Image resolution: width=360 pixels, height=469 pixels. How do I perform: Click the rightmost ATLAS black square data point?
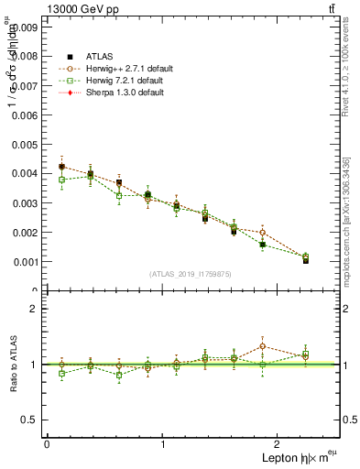[306, 260]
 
